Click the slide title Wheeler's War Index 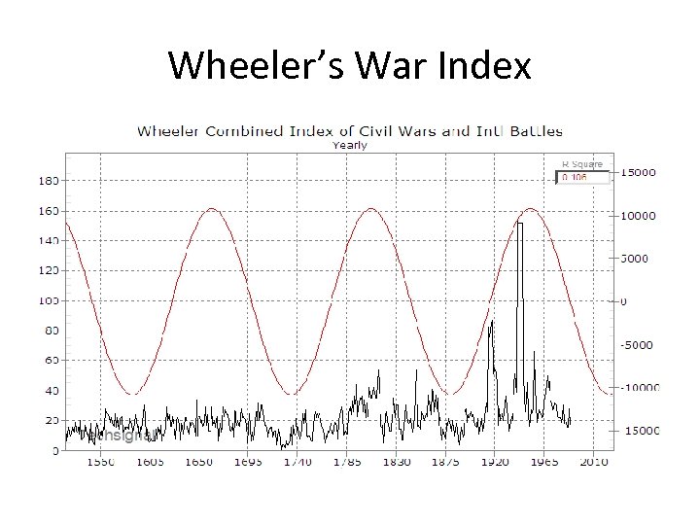coord(350,66)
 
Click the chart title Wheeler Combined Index coord(349,130)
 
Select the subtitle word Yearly coord(350,146)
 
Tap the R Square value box coord(582,178)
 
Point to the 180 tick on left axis coord(48,181)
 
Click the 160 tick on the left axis coord(48,211)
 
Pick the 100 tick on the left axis coord(48,301)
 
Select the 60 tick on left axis coord(48,361)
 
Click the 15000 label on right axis coord(638,173)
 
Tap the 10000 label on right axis coord(638,216)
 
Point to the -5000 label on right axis coord(638,345)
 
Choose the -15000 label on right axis coord(638,431)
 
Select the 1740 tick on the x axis coord(297,463)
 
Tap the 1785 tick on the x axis coord(347,463)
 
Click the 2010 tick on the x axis coord(595,463)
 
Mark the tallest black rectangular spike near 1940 coord(520,225)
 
